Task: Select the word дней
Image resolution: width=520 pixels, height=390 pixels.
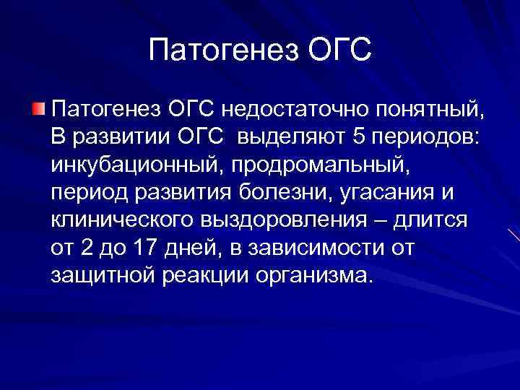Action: point(199,248)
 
